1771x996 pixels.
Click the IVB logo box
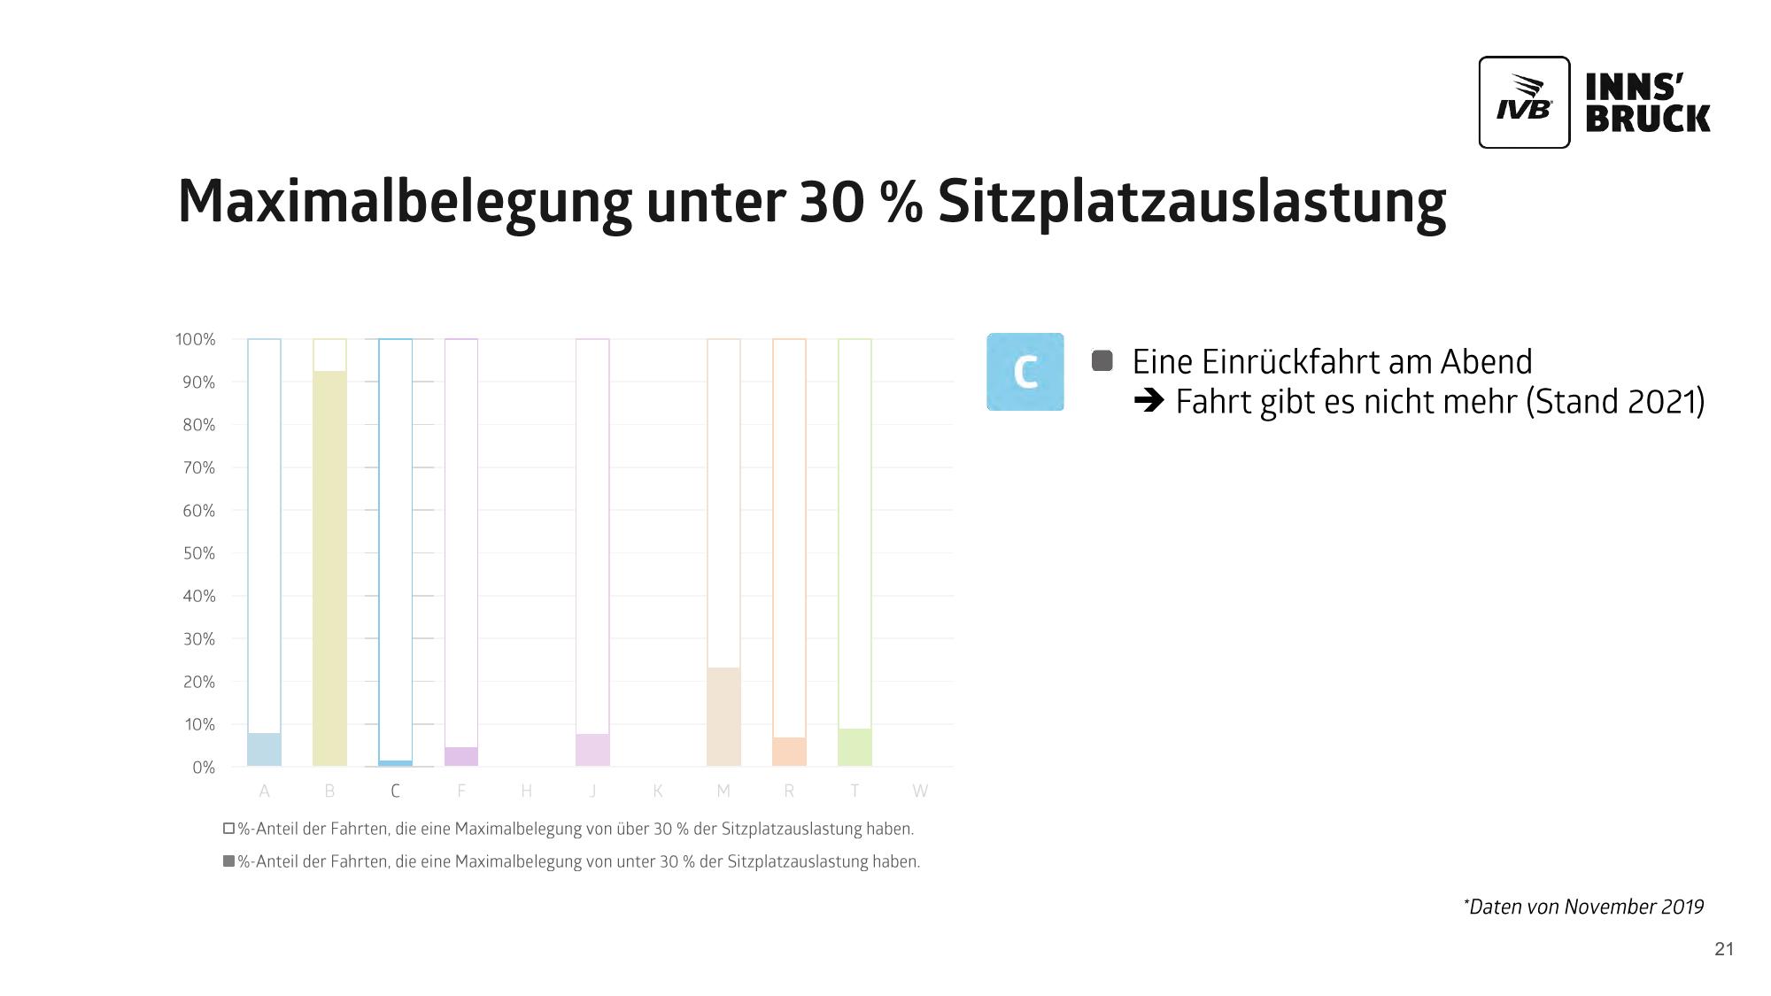click(x=1523, y=102)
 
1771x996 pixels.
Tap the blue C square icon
click(x=1025, y=372)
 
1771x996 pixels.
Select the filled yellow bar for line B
click(x=329, y=567)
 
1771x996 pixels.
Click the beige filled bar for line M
click(x=723, y=716)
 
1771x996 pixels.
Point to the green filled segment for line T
click(x=855, y=747)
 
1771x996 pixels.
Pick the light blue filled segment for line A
click(x=264, y=749)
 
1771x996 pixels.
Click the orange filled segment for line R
click(x=789, y=752)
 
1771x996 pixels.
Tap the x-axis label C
click(x=395, y=791)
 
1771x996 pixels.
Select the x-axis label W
click(x=920, y=791)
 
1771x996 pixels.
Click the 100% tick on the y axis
click(x=195, y=339)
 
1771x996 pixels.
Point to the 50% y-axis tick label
click(x=198, y=553)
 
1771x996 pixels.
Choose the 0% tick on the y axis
click(x=203, y=768)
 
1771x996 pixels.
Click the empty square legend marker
click(x=228, y=829)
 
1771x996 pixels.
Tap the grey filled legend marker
click(x=228, y=861)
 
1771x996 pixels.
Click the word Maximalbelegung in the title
click(x=404, y=202)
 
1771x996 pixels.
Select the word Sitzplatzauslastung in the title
click(x=1191, y=202)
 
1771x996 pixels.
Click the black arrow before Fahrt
click(x=1148, y=402)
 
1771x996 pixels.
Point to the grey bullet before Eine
click(x=1102, y=360)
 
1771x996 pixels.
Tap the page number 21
click(x=1723, y=949)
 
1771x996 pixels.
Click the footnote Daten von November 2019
click(x=1583, y=907)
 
